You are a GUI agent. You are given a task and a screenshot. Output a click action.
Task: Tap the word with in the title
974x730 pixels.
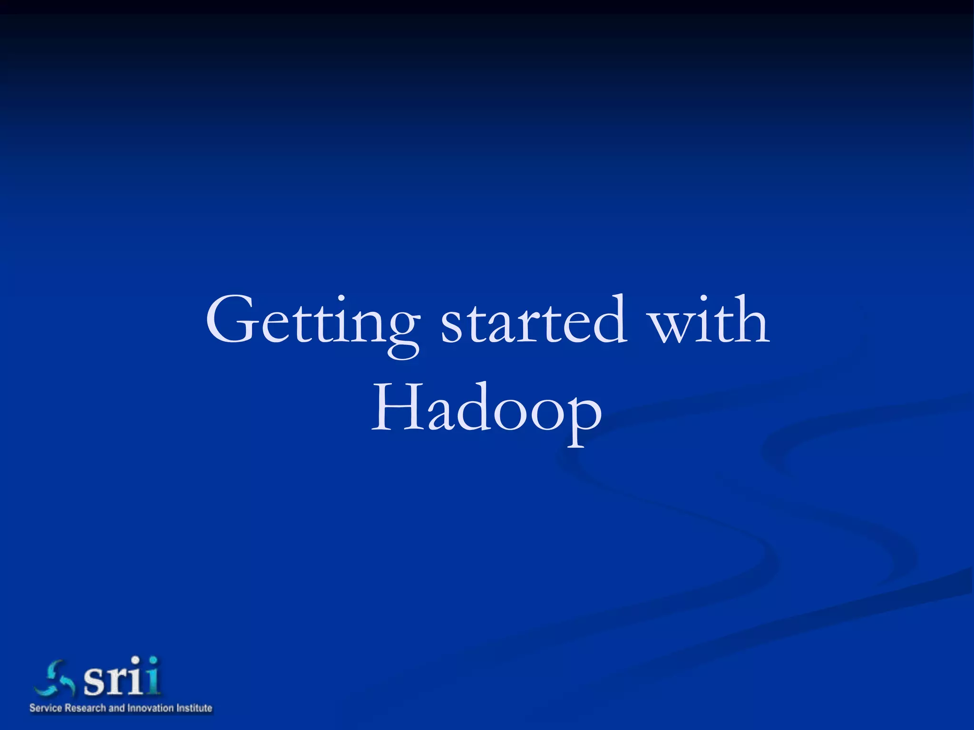pos(709,319)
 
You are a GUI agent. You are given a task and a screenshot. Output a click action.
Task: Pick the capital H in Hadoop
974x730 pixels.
pos(397,407)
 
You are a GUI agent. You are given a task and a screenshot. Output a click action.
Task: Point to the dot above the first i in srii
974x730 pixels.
pos(136,660)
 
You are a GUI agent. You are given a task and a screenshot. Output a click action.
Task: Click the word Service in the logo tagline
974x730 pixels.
pos(46,708)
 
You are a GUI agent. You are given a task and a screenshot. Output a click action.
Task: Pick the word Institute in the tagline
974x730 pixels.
pos(194,708)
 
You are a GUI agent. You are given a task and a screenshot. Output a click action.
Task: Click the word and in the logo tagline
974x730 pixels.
pos(116,708)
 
